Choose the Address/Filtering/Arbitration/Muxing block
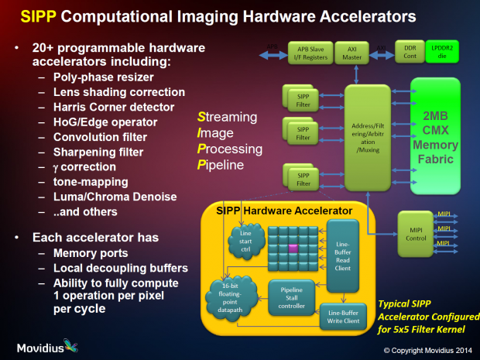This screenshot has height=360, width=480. pyautogui.click(x=370, y=138)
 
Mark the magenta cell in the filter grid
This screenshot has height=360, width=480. pyautogui.click(x=293, y=248)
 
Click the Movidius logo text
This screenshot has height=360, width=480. pyautogui.click(x=49, y=345)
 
